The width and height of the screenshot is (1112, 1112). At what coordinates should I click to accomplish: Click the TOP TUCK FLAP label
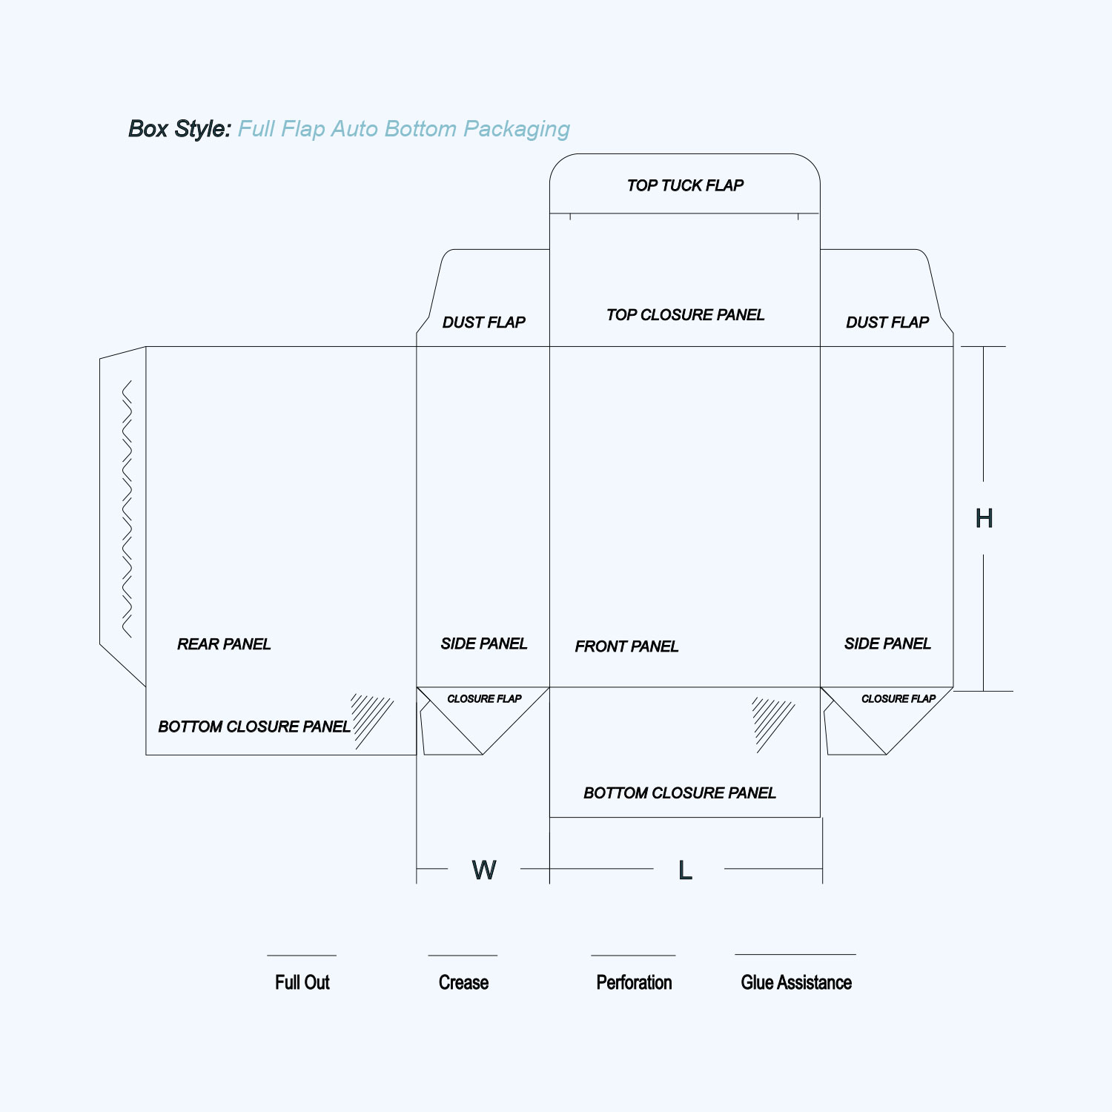point(685,185)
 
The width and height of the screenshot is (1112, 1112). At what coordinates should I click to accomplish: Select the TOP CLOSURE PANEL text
point(685,315)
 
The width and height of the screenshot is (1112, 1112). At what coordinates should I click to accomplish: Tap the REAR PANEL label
point(224,644)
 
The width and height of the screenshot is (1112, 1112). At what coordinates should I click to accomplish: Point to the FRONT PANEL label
point(626,646)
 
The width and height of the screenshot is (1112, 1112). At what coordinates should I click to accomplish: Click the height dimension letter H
point(984,518)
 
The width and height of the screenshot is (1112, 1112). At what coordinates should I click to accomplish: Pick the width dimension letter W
point(484,870)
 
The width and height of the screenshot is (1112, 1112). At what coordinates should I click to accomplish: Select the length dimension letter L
point(685,870)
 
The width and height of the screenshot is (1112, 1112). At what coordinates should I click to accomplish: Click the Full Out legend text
point(302,982)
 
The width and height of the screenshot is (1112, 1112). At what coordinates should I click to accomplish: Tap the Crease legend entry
point(463,982)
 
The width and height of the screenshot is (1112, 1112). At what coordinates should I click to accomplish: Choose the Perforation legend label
point(634,982)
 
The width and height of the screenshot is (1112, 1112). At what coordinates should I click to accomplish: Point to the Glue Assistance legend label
point(796,982)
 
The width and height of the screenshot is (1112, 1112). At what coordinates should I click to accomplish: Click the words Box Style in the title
point(180,129)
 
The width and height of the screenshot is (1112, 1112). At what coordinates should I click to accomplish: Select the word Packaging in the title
point(517,130)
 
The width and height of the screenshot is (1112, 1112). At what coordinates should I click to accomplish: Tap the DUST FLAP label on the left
point(483,322)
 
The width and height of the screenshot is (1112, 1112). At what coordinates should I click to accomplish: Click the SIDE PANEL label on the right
point(887,643)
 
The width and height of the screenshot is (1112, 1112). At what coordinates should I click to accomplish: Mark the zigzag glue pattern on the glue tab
point(127,509)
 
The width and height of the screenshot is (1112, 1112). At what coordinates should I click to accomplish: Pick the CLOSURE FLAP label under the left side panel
point(484,698)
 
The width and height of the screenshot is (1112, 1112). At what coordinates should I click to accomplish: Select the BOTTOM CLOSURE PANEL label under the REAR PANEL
point(254,727)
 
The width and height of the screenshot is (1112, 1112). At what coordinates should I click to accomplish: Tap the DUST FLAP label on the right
point(887,322)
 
